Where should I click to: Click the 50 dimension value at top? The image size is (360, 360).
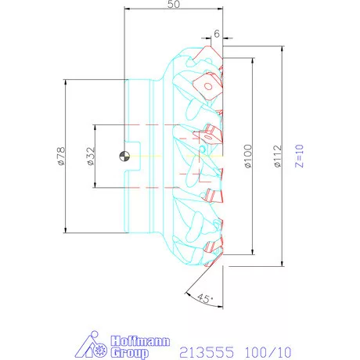174,4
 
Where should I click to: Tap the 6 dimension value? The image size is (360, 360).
217,34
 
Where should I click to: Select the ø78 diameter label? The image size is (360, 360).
61,156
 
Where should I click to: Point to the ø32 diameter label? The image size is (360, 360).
91,156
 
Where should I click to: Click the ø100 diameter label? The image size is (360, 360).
249,156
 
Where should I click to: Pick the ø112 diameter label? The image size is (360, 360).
278,156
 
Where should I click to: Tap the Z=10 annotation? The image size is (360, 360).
300,156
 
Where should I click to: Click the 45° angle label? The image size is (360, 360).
205,298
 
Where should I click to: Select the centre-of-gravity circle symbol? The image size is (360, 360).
124,156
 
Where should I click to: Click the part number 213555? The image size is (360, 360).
207,352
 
